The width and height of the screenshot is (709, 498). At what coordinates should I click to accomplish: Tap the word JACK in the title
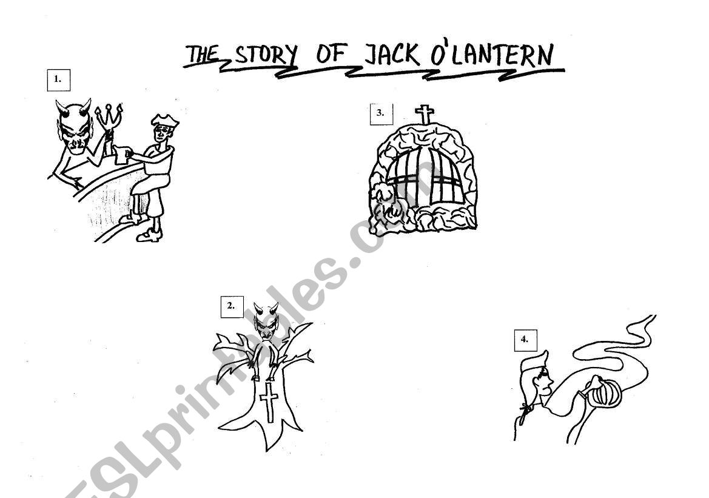[x=391, y=55]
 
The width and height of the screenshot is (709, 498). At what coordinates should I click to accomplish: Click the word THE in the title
[x=203, y=55]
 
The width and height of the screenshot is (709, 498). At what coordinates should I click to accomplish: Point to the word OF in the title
[x=331, y=55]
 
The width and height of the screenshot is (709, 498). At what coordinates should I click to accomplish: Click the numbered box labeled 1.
[x=58, y=79]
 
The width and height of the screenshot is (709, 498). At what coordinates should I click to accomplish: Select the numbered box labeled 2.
[x=231, y=306]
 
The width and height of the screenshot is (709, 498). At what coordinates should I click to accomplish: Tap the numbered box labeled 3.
[x=381, y=113]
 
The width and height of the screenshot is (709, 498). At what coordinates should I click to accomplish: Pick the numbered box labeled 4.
[x=525, y=340]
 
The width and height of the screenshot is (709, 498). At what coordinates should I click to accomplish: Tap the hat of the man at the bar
[x=164, y=121]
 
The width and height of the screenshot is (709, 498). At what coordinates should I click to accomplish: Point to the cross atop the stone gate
[x=425, y=114]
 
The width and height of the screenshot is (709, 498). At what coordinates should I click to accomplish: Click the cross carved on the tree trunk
[x=269, y=401]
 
